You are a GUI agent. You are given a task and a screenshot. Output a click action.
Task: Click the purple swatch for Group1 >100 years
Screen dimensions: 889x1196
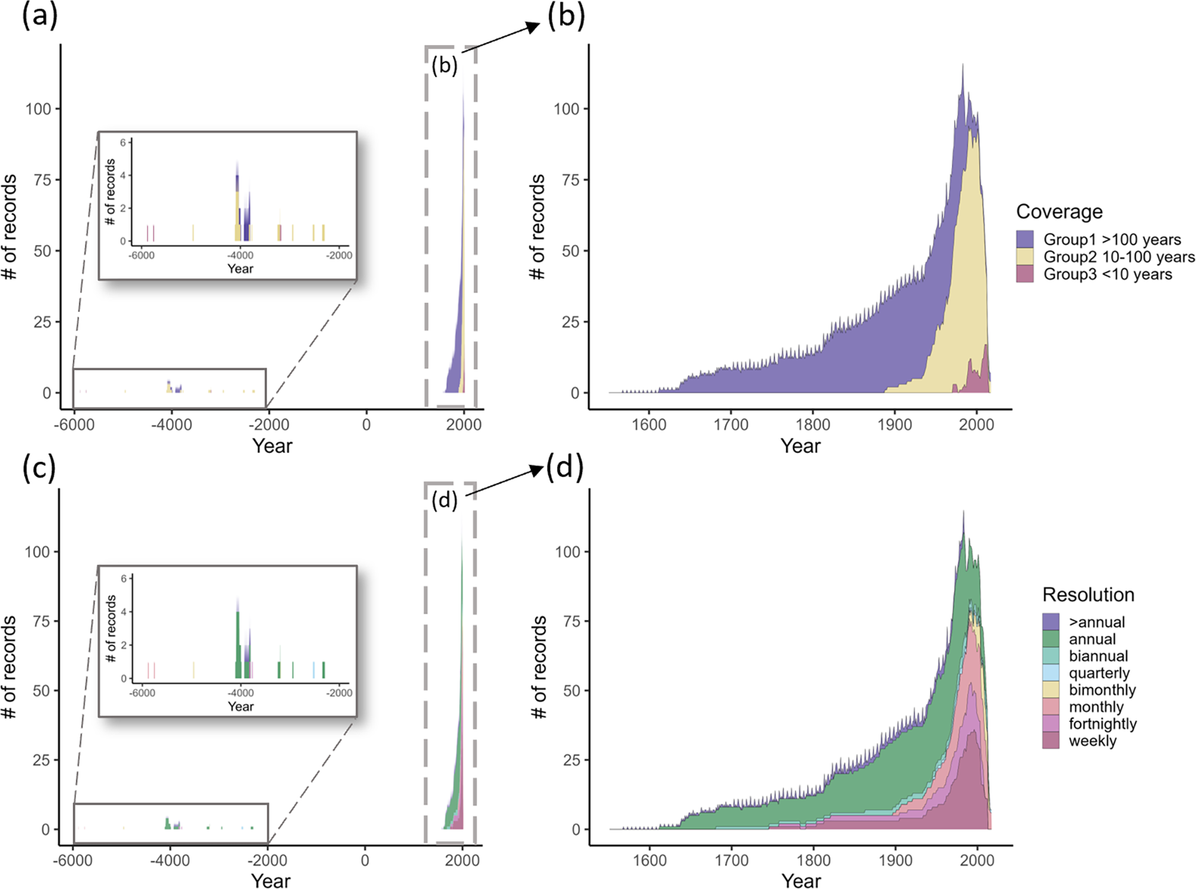click(x=1025, y=239)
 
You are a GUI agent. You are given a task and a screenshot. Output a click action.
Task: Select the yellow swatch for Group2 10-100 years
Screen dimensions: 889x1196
click(x=1025, y=257)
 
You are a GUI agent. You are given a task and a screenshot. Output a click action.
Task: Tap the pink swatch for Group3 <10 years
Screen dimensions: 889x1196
click(x=1025, y=274)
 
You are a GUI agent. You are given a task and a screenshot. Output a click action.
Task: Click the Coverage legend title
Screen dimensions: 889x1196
click(x=1059, y=212)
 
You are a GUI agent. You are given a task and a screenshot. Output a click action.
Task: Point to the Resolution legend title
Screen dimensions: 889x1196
click(x=1088, y=595)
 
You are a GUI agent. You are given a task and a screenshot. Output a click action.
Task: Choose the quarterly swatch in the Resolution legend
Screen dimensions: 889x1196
click(x=1051, y=673)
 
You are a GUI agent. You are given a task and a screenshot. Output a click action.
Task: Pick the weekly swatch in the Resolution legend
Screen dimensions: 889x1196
click(x=1051, y=741)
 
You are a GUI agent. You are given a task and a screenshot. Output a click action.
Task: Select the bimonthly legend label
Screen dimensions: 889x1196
click(x=1102, y=690)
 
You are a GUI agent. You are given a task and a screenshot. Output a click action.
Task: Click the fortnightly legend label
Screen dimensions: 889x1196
click(x=1103, y=724)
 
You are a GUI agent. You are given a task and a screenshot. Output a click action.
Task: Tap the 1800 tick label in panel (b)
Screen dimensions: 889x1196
click(x=812, y=425)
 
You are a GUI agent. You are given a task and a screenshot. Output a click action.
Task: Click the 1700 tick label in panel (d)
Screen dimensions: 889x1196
click(x=732, y=860)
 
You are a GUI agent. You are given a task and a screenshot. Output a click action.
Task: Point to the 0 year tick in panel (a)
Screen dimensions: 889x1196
click(x=366, y=425)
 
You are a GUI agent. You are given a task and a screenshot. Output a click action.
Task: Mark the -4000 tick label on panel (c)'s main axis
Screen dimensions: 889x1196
click(x=170, y=860)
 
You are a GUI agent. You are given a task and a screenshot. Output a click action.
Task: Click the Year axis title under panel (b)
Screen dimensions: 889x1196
click(x=800, y=446)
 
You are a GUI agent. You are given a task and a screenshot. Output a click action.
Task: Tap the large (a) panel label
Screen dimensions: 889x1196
click(x=40, y=17)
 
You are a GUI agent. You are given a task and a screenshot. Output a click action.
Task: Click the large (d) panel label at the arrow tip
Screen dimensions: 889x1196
click(x=565, y=468)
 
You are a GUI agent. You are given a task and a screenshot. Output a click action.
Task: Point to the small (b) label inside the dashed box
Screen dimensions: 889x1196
click(x=444, y=65)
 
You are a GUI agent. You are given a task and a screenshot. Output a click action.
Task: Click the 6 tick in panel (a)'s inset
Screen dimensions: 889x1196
click(x=123, y=142)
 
